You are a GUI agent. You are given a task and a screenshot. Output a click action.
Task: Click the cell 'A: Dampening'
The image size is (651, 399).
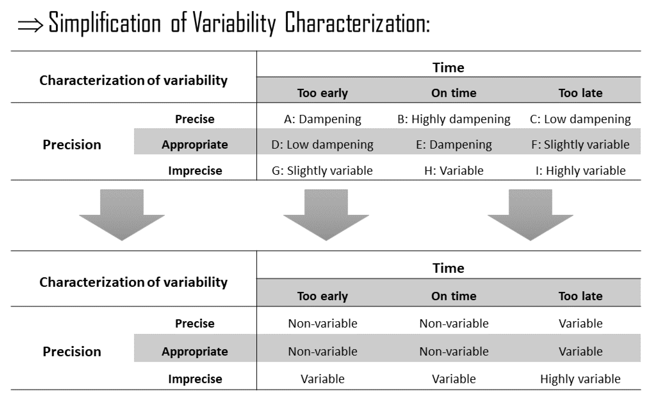point(322,119)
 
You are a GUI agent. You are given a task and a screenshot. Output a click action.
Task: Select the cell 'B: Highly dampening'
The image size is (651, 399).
point(454,119)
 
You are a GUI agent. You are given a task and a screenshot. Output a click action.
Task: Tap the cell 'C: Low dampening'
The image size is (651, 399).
point(580,119)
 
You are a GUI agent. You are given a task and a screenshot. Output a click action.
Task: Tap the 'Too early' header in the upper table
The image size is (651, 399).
point(322,93)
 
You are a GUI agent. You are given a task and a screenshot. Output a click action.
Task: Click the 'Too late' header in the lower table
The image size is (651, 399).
point(580,296)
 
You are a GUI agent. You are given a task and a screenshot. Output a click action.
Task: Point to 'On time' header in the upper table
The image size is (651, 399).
point(454,93)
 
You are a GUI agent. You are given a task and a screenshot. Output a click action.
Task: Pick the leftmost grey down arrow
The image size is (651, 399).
point(122,214)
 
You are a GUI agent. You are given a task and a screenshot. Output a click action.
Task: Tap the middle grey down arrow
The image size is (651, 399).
point(326,214)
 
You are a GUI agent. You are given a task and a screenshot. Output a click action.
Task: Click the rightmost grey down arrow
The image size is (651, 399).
point(530,214)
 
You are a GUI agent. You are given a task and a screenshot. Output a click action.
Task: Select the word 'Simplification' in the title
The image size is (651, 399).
point(105,23)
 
